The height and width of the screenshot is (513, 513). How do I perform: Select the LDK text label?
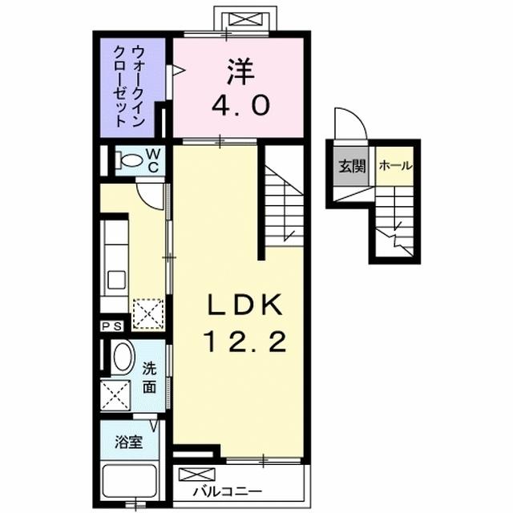click(244, 306)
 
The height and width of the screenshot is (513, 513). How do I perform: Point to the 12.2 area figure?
click(244, 343)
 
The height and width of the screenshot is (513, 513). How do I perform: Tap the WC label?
click(154, 159)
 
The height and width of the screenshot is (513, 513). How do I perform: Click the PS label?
click(111, 326)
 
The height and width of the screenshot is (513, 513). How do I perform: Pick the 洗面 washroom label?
click(149, 378)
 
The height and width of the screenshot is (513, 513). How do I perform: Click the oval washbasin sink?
click(123, 357)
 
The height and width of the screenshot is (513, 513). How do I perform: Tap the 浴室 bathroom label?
click(128, 442)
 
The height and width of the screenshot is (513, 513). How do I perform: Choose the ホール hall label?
click(395, 167)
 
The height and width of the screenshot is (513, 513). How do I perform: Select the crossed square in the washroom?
click(112, 394)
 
